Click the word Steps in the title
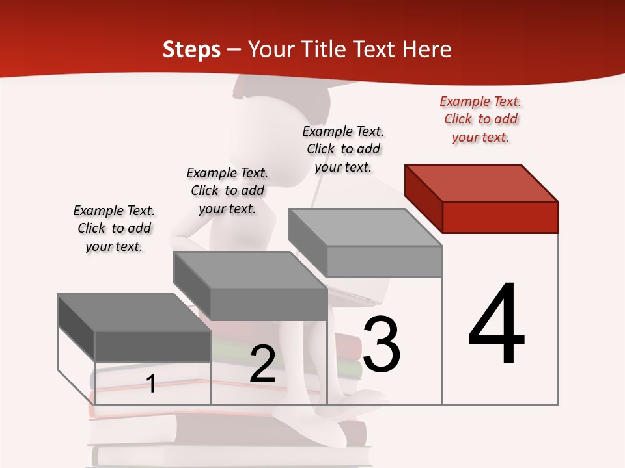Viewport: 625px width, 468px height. coord(191,49)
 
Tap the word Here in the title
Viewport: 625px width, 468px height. coord(426,49)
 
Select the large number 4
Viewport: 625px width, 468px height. coord(496,324)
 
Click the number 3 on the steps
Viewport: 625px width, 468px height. coord(382,344)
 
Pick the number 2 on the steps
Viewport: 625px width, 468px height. coord(262,364)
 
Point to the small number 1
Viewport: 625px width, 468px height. coord(150,383)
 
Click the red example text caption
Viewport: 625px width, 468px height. coord(480,119)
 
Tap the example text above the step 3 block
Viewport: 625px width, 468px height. coord(343,149)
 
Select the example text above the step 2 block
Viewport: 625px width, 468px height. coord(227,190)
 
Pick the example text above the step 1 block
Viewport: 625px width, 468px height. coord(114,228)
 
